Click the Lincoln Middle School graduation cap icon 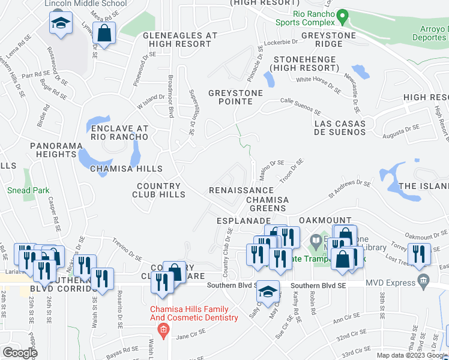(59, 24)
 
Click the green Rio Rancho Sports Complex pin (343, 16)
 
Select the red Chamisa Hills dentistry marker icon (162, 329)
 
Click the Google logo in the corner (20, 353)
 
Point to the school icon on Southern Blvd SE (268, 292)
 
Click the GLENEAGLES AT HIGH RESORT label (179, 40)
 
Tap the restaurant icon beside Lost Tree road (419, 254)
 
